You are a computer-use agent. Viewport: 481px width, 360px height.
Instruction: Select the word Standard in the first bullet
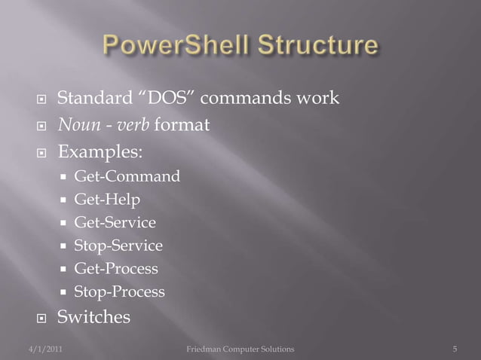coord(90,99)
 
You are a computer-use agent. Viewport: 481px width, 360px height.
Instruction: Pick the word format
coord(182,125)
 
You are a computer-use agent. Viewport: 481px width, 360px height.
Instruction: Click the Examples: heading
coord(103,151)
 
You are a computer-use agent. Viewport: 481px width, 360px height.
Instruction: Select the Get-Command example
coord(127,177)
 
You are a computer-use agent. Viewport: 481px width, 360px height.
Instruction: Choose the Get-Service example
coord(115,223)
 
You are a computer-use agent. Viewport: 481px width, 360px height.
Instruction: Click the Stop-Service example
coord(118,246)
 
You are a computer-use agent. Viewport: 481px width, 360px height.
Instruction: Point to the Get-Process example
coord(115,269)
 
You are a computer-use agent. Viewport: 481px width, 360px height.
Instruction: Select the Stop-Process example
coord(118,291)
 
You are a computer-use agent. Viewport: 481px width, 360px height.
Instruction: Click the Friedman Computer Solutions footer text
coord(240,349)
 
